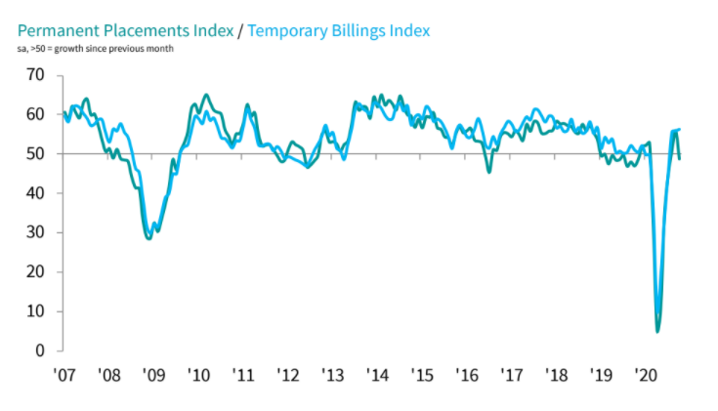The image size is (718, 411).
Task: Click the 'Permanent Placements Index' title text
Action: click(124, 30)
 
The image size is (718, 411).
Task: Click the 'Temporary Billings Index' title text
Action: click(338, 30)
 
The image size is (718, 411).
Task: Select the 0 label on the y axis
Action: click(39, 350)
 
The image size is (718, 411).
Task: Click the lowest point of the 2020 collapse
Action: click(657, 331)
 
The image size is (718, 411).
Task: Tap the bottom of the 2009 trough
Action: click(148, 238)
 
